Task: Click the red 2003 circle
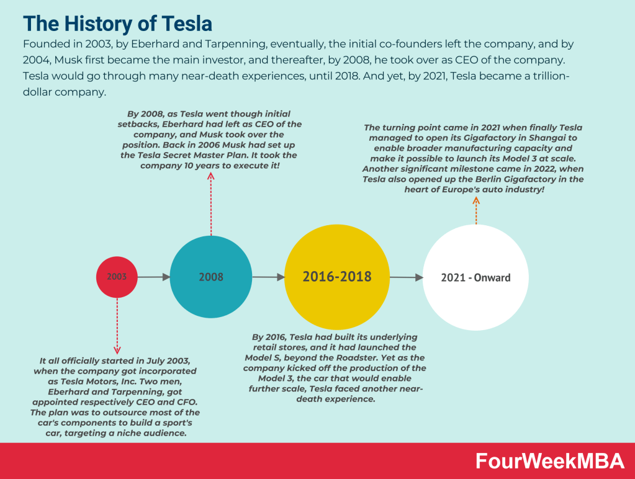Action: coord(117,277)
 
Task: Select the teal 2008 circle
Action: coord(211,277)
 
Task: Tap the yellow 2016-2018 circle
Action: coord(337,277)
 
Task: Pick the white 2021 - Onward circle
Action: coord(475,277)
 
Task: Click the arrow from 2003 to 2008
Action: coord(153,277)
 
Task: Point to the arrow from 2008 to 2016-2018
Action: coord(268,277)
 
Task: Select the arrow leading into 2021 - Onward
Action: coord(406,278)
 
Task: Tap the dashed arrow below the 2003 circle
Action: coord(117,325)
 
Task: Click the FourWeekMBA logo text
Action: coord(549,461)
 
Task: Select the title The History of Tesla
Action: coord(118,24)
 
